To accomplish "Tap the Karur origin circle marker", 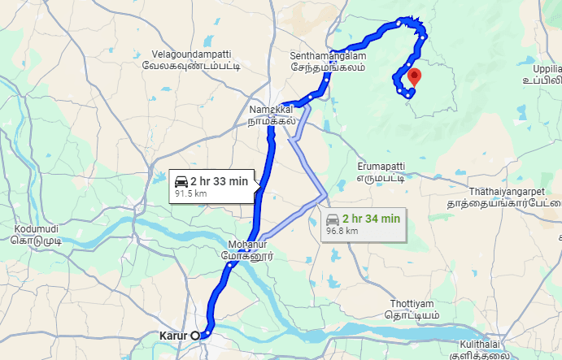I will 195,334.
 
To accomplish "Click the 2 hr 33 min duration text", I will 220,180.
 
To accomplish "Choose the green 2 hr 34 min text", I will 371,219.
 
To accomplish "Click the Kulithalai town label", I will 483,349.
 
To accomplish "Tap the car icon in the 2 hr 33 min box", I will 181,180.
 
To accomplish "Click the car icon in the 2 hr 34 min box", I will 333,219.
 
